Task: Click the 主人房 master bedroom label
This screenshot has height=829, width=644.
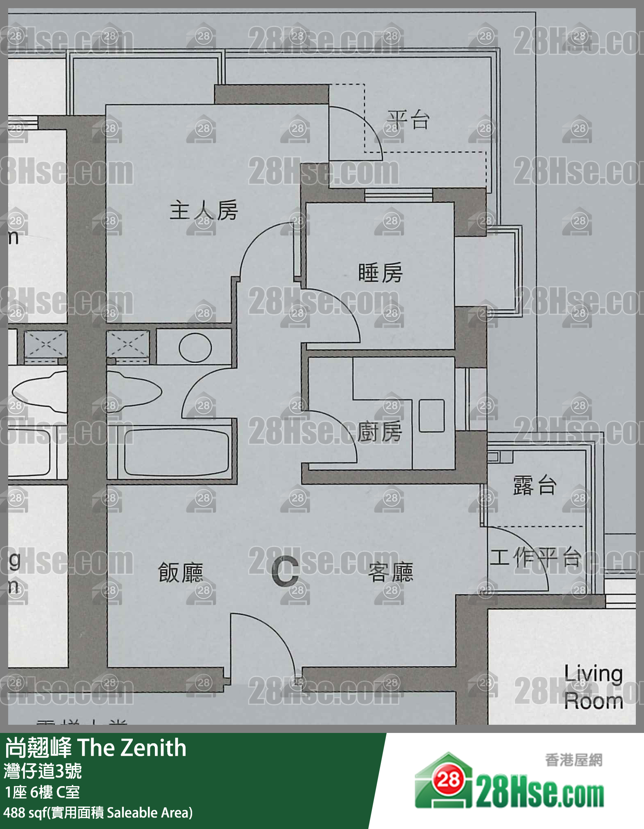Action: click(203, 211)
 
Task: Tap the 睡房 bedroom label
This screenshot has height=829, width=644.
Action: click(380, 273)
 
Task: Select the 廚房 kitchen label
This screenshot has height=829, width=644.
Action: click(380, 432)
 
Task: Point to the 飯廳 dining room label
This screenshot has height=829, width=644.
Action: click(180, 572)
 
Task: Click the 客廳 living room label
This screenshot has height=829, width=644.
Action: click(391, 572)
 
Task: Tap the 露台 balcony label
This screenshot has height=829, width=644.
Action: click(534, 486)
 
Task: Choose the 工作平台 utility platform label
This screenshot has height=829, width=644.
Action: click(535, 557)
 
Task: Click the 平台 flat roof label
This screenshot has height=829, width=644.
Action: click(408, 120)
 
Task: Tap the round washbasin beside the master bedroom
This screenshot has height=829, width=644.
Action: click(195, 347)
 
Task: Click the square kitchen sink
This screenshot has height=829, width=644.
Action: click(432, 415)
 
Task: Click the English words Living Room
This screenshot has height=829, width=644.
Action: click(593, 688)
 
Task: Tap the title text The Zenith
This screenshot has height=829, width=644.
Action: click(132, 748)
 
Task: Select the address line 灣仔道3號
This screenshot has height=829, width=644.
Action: click(42, 771)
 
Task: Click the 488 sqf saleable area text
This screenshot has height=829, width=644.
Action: click(98, 813)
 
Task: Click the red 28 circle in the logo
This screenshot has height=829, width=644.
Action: click(448, 780)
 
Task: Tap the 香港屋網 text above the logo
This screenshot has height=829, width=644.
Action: click(573, 760)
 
